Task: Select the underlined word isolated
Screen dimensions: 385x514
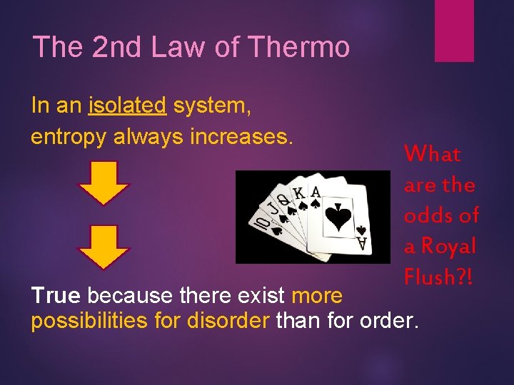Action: [x=127, y=106]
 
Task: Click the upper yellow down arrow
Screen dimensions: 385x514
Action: [x=104, y=182]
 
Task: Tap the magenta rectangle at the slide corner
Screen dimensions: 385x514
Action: [x=454, y=30]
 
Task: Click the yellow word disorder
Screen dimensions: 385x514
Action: [x=227, y=321]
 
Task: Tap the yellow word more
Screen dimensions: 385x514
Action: [x=317, y=294]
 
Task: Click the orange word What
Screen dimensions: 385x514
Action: [x=432, y=154]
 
